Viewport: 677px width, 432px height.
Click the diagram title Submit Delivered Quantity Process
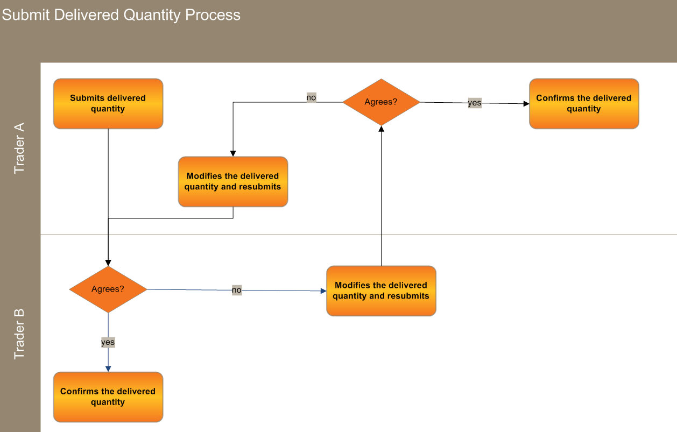click(x=121, y=15)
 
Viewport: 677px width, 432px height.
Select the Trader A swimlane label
click(x=19, y=148)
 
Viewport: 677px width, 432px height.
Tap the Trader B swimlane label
click(x=19, y=334)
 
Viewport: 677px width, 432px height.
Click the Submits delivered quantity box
click(x=108, y=104)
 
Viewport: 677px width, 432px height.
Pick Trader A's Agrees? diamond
click(x=381, y=102)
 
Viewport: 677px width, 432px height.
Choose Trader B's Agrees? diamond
click(x=108, y=289)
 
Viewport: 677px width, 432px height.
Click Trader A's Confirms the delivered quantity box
click(x=584, y=104)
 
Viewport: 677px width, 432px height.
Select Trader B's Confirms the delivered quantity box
click(x=108, y=397)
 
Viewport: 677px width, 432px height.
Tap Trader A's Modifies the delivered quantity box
click(x=233, y=181)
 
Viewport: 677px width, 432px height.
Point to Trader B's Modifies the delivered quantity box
click(x=381, y=291)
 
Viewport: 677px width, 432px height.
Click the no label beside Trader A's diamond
click(x=311, y=97)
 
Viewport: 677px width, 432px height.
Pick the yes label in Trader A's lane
click(x=475, y=103)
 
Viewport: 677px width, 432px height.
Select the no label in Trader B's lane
click(x=237, y=290)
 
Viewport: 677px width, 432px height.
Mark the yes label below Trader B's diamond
click(x=108, y=342)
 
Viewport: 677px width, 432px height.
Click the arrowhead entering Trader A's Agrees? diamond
click(x=381, y=129)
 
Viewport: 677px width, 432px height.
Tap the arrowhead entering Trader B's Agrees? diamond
click(x=108, y=263)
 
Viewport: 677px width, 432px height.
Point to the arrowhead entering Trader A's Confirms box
click(x=526, y=104)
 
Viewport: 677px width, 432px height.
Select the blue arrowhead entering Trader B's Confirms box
click(x=108, y=369)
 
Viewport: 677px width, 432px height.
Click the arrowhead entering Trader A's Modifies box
click(x=233, y=153)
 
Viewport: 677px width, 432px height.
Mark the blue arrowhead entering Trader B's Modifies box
click(x=323, y=291)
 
